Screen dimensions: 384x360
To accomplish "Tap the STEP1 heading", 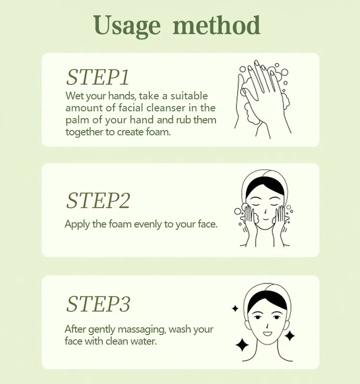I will pos(98,77).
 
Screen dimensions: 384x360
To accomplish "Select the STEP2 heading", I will pos(98,200).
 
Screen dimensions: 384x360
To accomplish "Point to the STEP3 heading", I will pos(98,304).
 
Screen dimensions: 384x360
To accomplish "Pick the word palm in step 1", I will pos(75,120).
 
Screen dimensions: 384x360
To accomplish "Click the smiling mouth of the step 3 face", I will pos(267,332).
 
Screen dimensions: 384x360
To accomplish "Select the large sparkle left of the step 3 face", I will pos(242,344).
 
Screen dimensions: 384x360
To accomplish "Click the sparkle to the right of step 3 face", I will pos(289,336).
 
